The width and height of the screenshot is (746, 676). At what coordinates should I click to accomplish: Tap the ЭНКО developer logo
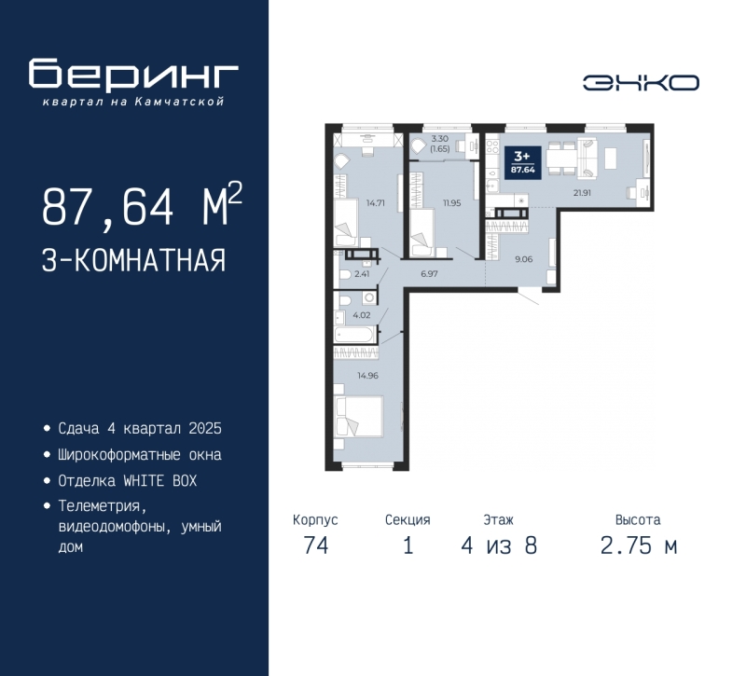coord(641,83)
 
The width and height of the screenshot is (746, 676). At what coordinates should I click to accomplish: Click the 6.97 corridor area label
coord(430,274)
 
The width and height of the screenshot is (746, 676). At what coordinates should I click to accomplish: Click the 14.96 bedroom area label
coord(367,377)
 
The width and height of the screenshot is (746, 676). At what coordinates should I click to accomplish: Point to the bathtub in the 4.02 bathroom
coord(355,334)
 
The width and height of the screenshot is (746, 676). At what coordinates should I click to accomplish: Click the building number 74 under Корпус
coord(315,545)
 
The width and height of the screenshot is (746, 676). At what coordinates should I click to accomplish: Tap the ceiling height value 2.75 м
coord(638,545)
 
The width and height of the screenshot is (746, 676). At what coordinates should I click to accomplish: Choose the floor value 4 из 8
coord(498,545)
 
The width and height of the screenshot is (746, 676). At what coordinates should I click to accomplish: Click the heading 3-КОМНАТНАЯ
coord(133,259)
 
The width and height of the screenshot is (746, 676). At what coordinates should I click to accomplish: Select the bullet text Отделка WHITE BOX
coord(127,481)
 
